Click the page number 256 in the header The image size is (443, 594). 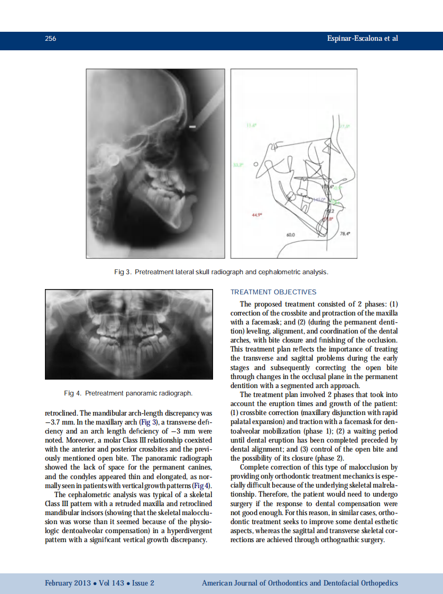coord(51,39)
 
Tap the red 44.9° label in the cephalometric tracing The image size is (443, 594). coord(256,215)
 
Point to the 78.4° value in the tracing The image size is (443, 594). coord(346,233)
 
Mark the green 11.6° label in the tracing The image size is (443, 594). coord(252,125)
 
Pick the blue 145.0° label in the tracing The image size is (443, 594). coord(319,200)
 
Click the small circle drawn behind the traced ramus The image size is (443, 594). coord(256,165)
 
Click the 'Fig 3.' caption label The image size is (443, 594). coord(123,272)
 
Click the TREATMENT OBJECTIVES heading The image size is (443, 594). coord(273,292)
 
